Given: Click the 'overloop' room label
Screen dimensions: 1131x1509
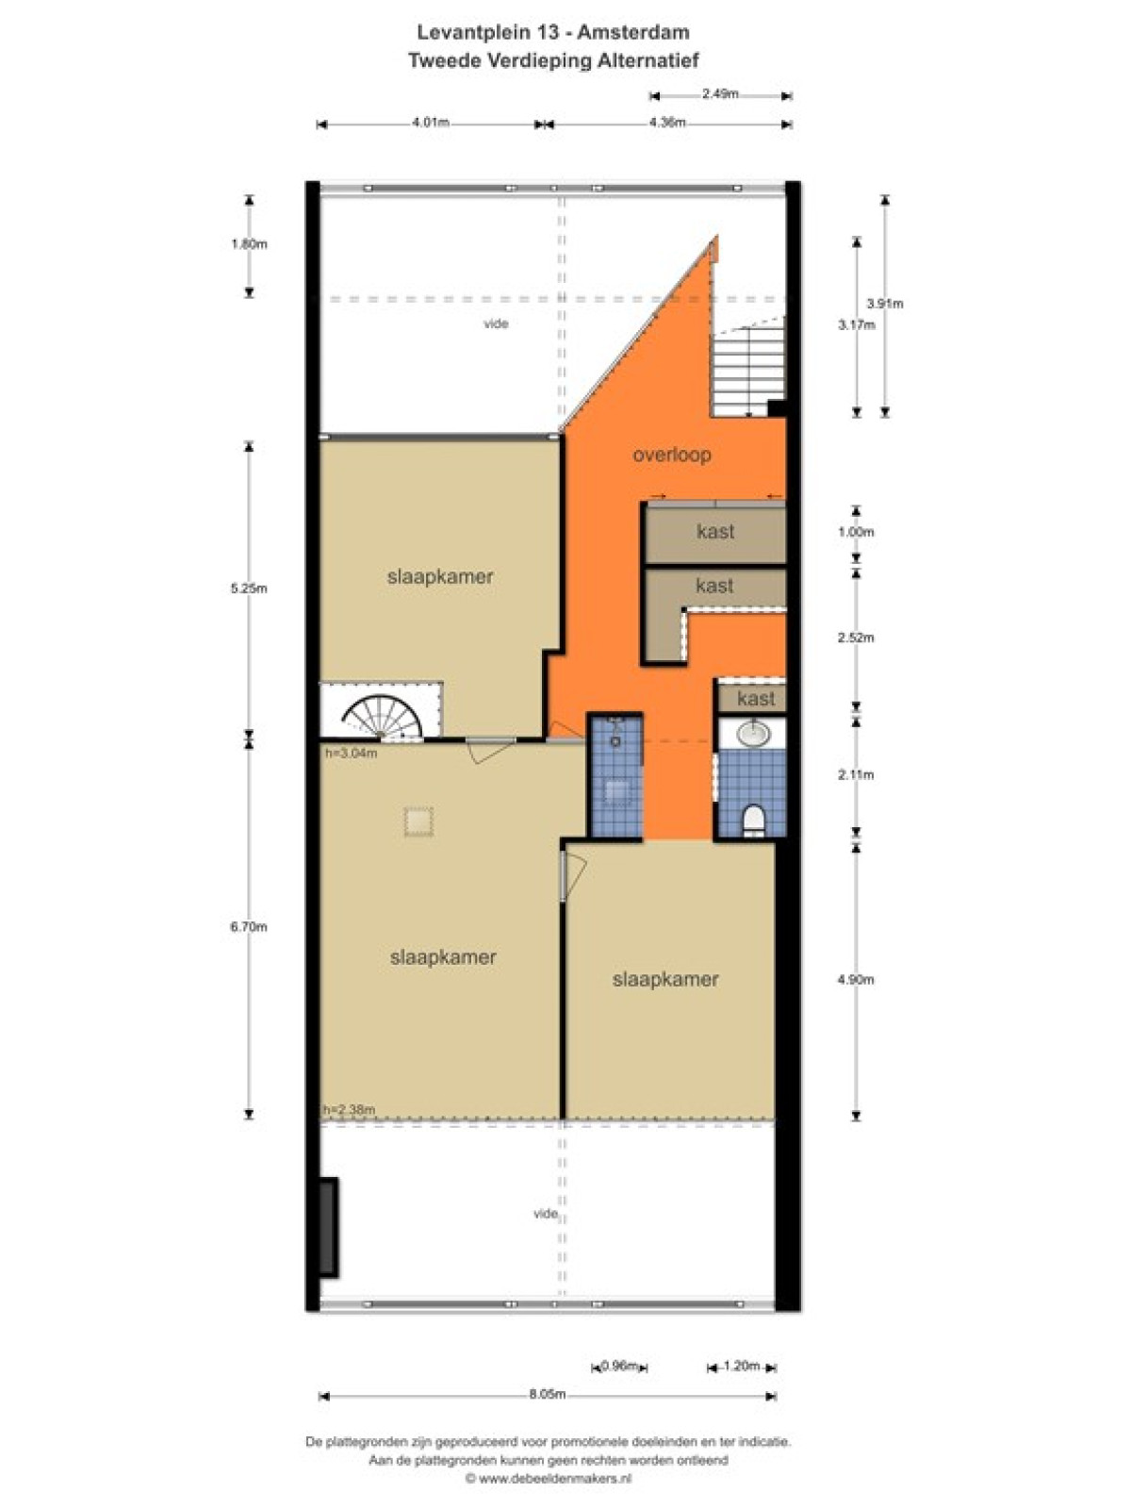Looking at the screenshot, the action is (672, 455).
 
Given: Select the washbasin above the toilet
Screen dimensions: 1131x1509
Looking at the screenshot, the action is (753, 733).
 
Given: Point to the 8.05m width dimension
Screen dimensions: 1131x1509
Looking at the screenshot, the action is (548, 1394).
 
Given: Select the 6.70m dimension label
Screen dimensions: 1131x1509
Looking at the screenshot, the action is (249, 927).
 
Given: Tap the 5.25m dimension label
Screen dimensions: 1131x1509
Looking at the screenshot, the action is (249, 589).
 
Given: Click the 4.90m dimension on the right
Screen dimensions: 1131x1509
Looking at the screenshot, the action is (856, 980).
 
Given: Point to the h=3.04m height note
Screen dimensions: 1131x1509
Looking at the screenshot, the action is (351, 753).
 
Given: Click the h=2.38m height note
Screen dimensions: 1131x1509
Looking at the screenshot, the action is (350, 1109).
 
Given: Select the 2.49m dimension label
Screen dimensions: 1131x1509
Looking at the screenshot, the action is (720, 94).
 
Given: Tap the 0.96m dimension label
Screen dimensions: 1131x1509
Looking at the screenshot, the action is (619, 1366).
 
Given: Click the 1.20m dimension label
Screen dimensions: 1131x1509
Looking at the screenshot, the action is (741, 1366).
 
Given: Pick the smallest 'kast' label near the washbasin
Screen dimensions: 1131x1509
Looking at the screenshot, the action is (755, 699).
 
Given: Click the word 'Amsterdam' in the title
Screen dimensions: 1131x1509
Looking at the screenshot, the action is (633, 32).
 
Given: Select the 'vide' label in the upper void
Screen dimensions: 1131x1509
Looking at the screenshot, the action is (496, 323).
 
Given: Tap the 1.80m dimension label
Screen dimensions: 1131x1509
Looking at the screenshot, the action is (249, 244).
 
